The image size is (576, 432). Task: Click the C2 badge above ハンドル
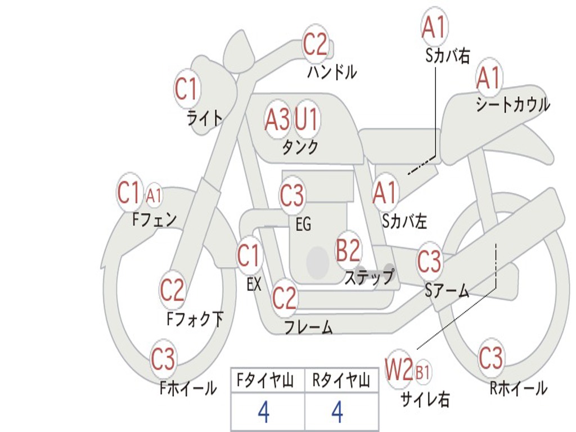[x=316, y=44]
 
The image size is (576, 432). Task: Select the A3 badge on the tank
[x=277, y=119]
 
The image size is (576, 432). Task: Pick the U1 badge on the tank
[x=307, y=119]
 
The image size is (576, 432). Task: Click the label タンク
[x=300, y=147]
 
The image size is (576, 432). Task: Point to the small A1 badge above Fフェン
[x=154, y=196]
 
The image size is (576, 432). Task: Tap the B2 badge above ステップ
[x=348, y=250]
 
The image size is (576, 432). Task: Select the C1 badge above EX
[x=249, y=256]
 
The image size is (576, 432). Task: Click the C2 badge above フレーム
[x=284, y=298]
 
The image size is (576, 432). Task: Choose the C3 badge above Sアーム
[x=429, y=261]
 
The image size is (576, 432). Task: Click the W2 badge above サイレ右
[x=399, y=370]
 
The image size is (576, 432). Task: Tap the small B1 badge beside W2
[x=422, y=372]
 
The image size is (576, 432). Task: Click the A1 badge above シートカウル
[x=488, y=78]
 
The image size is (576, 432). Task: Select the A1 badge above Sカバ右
[x=434, y=27]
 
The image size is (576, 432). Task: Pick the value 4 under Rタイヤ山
[x=337, y=413]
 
